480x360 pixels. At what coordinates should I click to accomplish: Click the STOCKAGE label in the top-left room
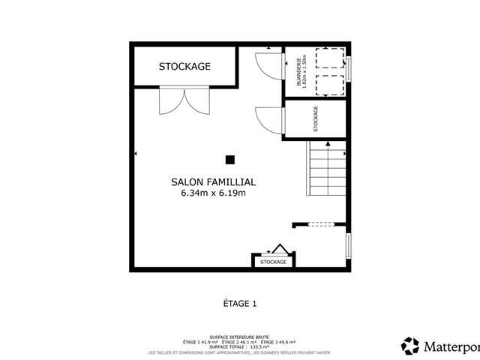pyautogui.click(x=184, y=66)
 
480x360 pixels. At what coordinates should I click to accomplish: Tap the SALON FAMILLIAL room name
pyautogui.click(x=214, y=181)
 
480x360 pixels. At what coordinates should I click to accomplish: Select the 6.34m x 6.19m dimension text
pyautogui.click(x=214, y=193)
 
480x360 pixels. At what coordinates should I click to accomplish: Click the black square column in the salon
pyautogui.click(x=230, y=159)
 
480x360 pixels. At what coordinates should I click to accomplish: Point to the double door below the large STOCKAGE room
pyautogui.click(x=184, y=101)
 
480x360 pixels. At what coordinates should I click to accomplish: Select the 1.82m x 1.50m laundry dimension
pyautogui.click(x=306, y=73)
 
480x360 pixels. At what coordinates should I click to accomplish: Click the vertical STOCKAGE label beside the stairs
pyautogui.click(x=316, y=119)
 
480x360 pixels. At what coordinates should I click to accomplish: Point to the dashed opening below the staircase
pyautogui.click(x=320, y=223)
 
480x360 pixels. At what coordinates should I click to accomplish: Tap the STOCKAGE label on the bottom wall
pyautogui.click(x=273, y=262)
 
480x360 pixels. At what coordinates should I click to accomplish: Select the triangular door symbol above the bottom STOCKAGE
pyautogui.click(x=279, y=250)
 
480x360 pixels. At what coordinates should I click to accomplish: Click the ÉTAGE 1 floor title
pyautogui.click(x=239, y=304)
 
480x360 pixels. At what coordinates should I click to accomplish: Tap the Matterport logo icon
pyautogui.click(x=410, y=346)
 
